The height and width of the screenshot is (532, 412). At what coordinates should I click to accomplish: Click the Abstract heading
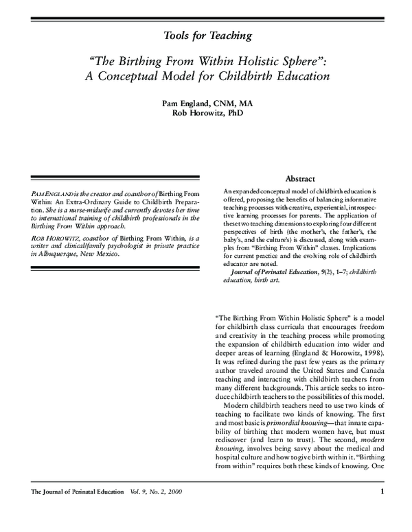(x=299, y=178)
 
